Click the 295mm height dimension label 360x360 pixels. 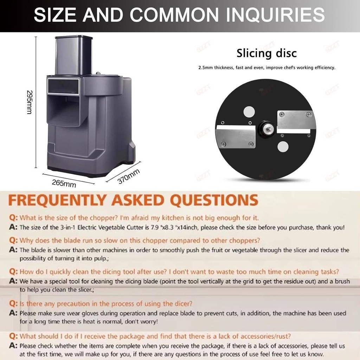click(x=30, y=102)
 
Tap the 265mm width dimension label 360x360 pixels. click(x=64, y=183)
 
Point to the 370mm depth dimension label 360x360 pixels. click(x=129, y=176)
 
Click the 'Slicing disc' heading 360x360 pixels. click(x=266, y=53)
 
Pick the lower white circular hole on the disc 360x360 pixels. click(x=283, y=147)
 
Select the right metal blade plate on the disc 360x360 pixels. click(x=295, y=121)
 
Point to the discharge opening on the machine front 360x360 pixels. click(x=63, y=110)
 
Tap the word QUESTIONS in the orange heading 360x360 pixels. click(x=215, y=200)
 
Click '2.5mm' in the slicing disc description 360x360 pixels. click(x=206, y=68)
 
